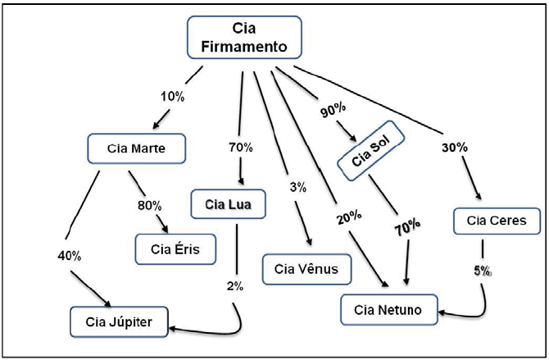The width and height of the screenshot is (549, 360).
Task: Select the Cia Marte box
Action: click(137, 148)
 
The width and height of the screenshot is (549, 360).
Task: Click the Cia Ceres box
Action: click(495, 220)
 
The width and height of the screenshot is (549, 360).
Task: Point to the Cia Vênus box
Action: click(306, 268)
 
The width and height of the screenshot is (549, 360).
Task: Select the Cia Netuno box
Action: click(388, 311)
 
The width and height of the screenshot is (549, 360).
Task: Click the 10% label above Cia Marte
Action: click(172, 97)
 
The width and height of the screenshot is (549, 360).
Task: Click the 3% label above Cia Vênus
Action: click(297, 187)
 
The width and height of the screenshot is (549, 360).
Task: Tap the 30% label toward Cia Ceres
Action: click(454, 148)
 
